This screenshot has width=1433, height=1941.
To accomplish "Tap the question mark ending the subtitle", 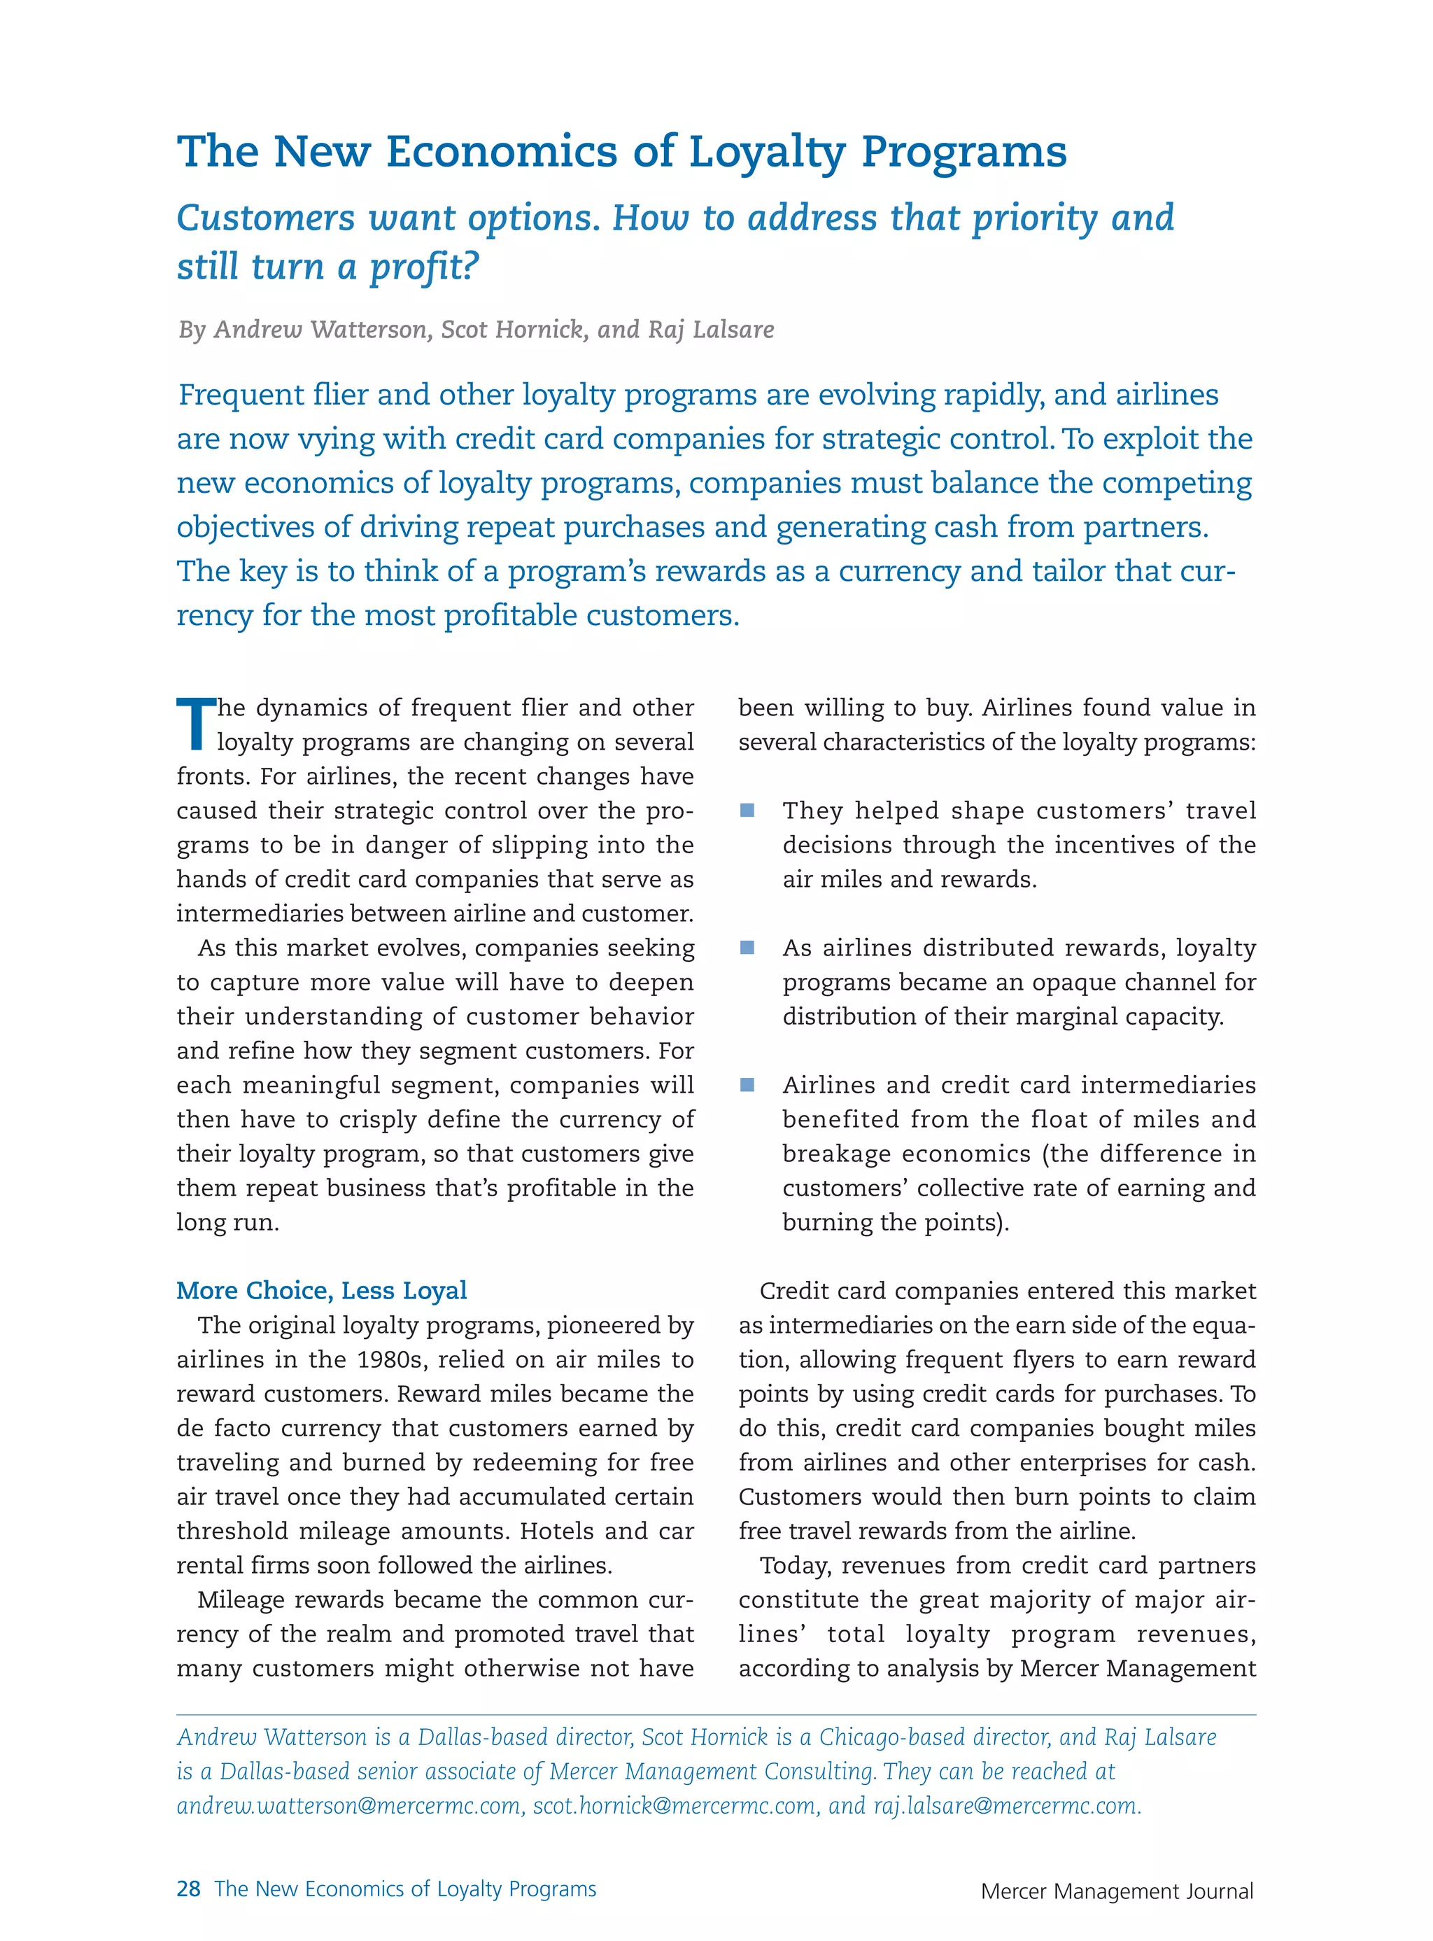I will coord(470,267).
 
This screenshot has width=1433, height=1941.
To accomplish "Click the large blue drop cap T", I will coord(195,723).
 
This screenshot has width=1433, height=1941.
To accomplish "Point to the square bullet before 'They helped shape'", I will coord(747,811).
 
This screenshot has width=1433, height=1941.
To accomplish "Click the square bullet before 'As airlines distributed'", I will coord(747,948).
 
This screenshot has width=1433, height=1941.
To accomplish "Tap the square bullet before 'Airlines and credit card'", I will coord(747,1085).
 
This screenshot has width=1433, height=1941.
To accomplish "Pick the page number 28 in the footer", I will coord(188,1889).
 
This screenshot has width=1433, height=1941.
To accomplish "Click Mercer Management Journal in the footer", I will coord(1117,1891).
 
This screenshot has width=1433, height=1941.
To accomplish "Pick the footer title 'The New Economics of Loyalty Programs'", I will coord(405,1889).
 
